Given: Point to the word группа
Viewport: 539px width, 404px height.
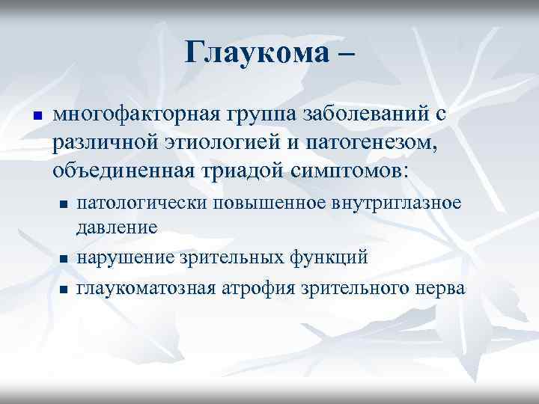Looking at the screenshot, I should coord(262,117).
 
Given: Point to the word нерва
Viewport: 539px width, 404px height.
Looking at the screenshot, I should coord(437,288).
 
